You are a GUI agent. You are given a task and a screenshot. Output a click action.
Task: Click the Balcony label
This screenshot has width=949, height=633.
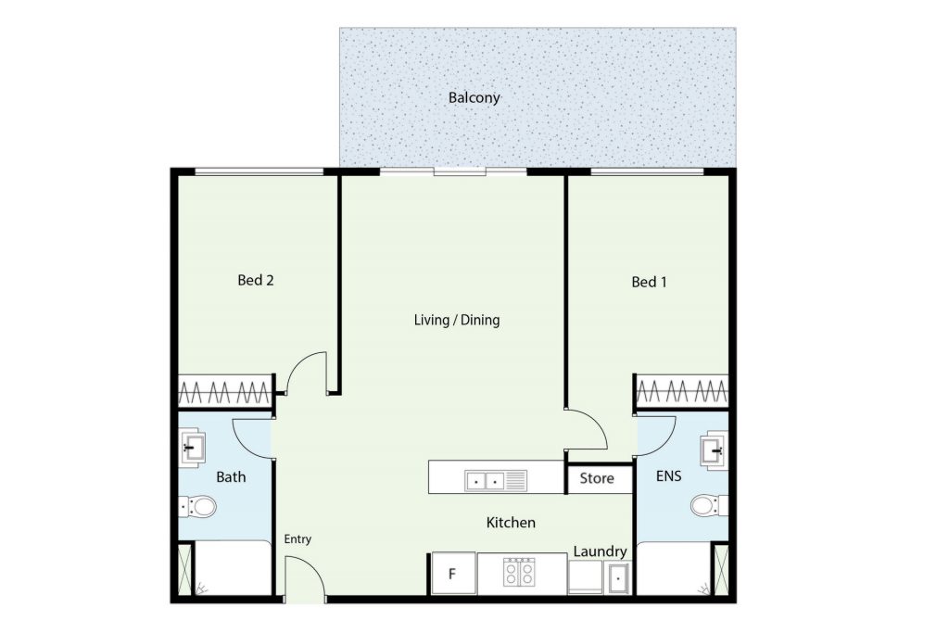pyautogui.click(x=474, y=97)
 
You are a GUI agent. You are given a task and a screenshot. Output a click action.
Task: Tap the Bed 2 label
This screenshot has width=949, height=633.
pyautogui.click(x=256, y=280)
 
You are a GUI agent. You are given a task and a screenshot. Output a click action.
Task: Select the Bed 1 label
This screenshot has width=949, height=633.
pyautogui.click(x=649, y=282)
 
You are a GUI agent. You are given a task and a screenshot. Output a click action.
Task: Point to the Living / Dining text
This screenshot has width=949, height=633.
pyautogui.click(x=457, y=320)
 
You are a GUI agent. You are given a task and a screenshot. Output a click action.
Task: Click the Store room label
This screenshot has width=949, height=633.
pyautogui.click(x=597, y=478)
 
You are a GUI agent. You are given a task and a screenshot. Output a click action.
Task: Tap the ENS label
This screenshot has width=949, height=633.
pyautogui.click(x=669, y=476)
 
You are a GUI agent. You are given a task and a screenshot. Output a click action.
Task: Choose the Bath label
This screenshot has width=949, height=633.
pyautogui.click(x=231, y=477)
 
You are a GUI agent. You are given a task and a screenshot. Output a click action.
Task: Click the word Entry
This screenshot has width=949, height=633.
pyautogui.click(x=297, y=538)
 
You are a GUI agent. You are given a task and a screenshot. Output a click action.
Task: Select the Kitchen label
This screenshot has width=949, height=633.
pyautogui.click(x=511, y=523)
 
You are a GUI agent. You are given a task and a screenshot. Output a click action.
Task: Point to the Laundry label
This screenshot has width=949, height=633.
pyautogui.click(x=600, y=551)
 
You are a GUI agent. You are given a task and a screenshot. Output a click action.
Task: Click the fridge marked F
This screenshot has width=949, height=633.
pyautogui.click(x=453, y=573)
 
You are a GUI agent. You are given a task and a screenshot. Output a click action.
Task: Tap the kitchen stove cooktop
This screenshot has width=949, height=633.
pyautogui.click(x=519, y=572)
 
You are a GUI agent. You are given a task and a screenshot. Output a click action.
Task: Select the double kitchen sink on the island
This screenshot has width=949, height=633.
pyautogui.click(x=496, y=481)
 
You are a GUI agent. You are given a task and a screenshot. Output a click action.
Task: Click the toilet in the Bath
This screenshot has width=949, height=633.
pyautogui.click(x=197, y=507)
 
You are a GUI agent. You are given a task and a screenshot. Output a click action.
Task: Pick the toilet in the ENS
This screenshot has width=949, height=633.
pyautogui.click(x=709, y=505)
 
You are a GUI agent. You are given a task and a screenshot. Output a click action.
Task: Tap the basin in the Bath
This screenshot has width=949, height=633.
pyautogui.click(x=193, y=448)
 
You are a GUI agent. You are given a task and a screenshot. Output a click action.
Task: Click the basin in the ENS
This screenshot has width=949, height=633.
pyautogui.click(x=715, y=450)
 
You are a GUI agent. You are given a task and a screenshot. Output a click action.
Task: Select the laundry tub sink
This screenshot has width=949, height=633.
pyautogui.click(x=618, y=578)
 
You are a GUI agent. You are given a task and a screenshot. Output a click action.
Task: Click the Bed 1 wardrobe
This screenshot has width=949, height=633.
pyautogui.click(x=682, y=391)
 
